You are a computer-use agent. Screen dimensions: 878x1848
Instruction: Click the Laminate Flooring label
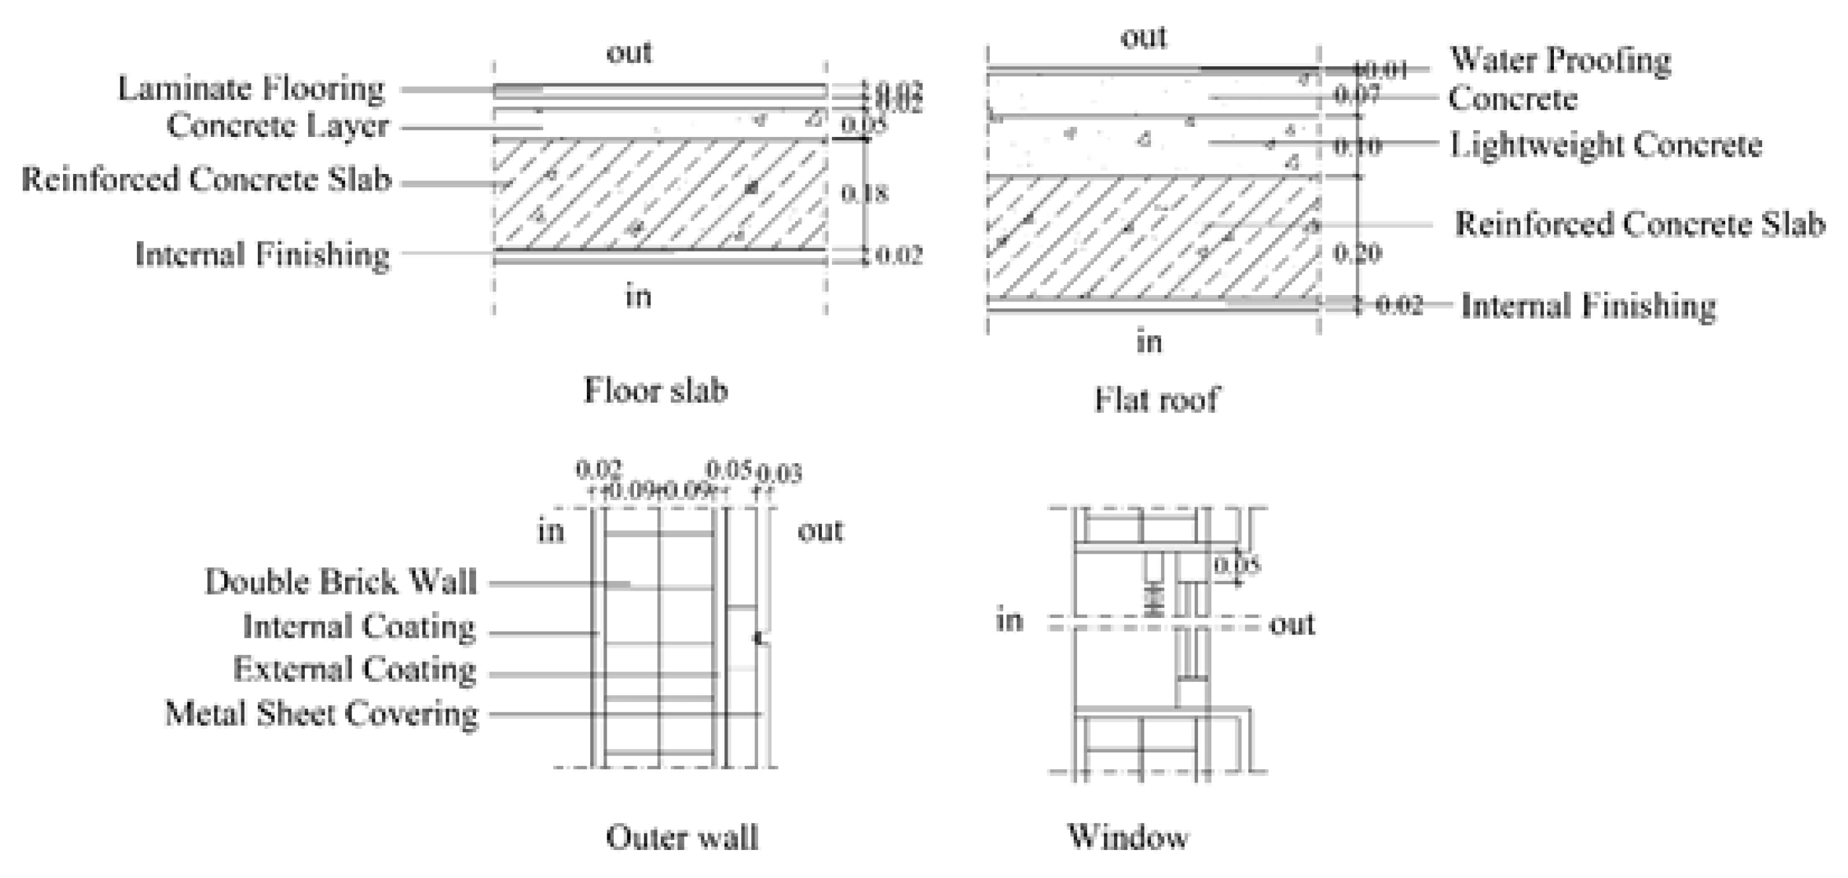(x=251, y=89)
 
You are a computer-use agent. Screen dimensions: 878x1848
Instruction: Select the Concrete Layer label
(x=278, y=126)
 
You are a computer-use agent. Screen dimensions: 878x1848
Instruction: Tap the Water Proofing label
(x=1560, y=61)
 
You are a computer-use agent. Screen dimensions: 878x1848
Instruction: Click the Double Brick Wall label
(x=341, y=582)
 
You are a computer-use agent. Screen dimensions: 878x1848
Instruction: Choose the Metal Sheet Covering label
(x=321, y=714)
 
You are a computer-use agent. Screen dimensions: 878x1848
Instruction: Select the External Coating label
(x=355, y=670)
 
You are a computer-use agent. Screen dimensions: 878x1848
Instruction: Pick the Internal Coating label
(x=358, y=627)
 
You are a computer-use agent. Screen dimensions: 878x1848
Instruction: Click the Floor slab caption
(x=656, y=391)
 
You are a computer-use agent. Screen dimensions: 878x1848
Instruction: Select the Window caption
(x=1128, y=837)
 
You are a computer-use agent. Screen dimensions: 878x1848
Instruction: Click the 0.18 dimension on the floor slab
(x=864, y=193)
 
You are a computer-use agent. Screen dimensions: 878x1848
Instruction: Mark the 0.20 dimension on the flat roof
(x=1357, y=254)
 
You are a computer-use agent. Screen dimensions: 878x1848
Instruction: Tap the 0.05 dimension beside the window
(x=1236, y=566)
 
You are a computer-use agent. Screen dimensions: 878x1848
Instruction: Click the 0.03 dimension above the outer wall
(x=780, y=474)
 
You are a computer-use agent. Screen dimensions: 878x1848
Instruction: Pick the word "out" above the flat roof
(x=1143, y=38)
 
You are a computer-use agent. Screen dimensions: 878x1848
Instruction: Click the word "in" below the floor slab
(x=638, y=296)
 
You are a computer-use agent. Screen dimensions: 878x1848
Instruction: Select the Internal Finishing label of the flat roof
(x=1588, y=306)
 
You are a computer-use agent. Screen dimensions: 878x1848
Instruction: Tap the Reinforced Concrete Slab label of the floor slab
(x=207, y=180)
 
